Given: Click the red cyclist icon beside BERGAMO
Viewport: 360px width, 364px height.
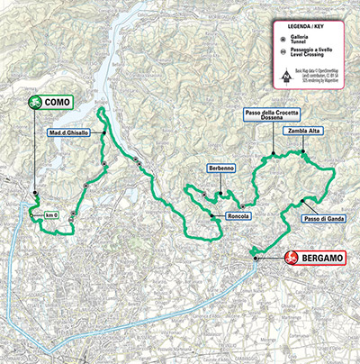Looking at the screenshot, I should pyautogui.click(x=291, y=259).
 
